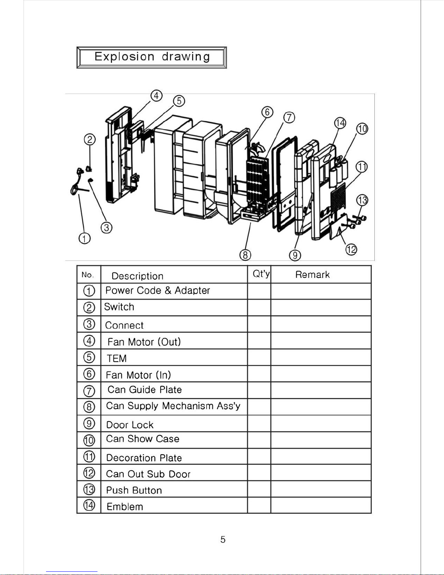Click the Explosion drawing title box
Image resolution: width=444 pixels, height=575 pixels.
[x=152, y=57]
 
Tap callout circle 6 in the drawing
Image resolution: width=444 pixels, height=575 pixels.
[x=267, y=112]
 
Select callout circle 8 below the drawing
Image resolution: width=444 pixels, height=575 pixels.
[x=245, y=255]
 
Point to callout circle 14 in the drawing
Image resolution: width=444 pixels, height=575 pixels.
[x=340, y=123]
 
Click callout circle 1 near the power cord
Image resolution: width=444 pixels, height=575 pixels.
[x=84, y=238]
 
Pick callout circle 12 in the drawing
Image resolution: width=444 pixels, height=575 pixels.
[x=351, y=249]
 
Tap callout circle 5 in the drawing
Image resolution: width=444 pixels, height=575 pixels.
[x=179, y=100]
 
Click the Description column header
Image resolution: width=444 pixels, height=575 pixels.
[x=137, y=276]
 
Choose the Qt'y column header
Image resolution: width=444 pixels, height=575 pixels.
[x=261, y=274]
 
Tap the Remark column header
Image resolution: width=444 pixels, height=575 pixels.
[x=312, y=275]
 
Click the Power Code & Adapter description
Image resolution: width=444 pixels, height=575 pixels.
[x=158, y=291]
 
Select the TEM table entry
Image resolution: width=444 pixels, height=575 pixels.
[x=117, y=358]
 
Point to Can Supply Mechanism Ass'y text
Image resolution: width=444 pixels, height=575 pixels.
[x=173, y=406]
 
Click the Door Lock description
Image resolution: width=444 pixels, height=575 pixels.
[x=130, y=425]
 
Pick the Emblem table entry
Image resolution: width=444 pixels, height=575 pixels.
[x=125, y=507]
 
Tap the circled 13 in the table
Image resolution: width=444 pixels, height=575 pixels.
[x=89, y=489]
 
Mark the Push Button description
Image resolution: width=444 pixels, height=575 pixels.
[x=134, y=490]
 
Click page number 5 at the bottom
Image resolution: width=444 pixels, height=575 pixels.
[x=223, y=540]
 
